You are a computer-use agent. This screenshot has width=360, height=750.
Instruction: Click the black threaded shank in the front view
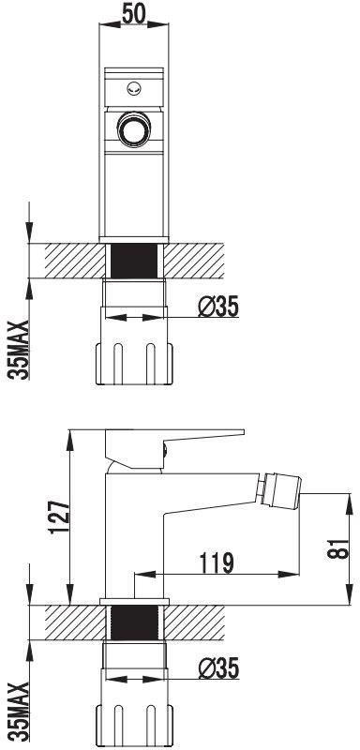(x=135, y=259)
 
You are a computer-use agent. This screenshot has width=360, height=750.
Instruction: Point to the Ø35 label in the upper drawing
(x=219, y=307)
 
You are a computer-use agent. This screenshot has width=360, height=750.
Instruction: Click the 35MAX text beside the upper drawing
(x=17, y=349)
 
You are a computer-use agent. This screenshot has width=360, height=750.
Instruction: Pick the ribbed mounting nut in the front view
(x=135, y=363)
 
